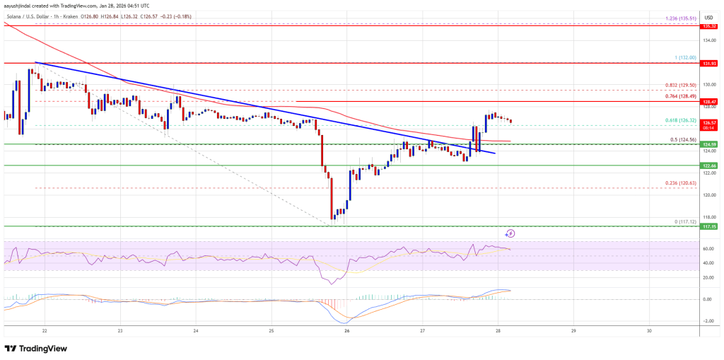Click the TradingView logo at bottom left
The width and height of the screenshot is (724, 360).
pos(36,348)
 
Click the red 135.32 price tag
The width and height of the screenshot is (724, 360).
pos(708,26)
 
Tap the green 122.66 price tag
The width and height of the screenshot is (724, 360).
pos(708,166)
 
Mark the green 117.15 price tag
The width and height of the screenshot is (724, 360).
pos(708,226)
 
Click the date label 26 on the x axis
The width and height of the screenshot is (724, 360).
pos(347,330)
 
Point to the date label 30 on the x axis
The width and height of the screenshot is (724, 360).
pos(649,330)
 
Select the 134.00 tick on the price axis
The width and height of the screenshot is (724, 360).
pos(708,40)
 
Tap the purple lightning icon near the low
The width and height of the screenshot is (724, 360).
pos(510,233)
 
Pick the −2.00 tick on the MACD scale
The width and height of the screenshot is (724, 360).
pos(706,321)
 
